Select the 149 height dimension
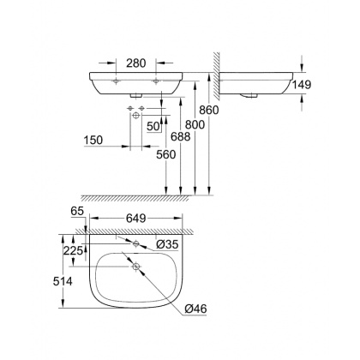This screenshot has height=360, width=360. click(x=315, y=85)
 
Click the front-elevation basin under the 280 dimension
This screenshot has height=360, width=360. click(x=137, y=83)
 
